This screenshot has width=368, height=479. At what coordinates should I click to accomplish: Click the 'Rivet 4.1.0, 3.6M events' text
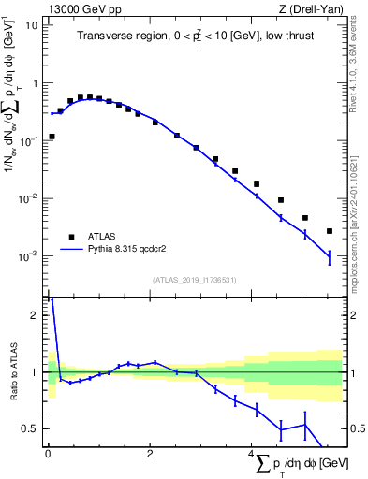point(361,70)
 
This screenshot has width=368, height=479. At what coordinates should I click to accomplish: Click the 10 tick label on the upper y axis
point(31,25)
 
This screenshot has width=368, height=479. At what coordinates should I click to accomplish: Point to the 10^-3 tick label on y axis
point(27,256)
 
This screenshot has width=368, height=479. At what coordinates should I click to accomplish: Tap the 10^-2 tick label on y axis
point(27,198)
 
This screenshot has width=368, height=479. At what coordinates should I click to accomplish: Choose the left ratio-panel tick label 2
point(34,315)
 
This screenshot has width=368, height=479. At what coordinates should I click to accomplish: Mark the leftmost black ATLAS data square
point(52,137)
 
